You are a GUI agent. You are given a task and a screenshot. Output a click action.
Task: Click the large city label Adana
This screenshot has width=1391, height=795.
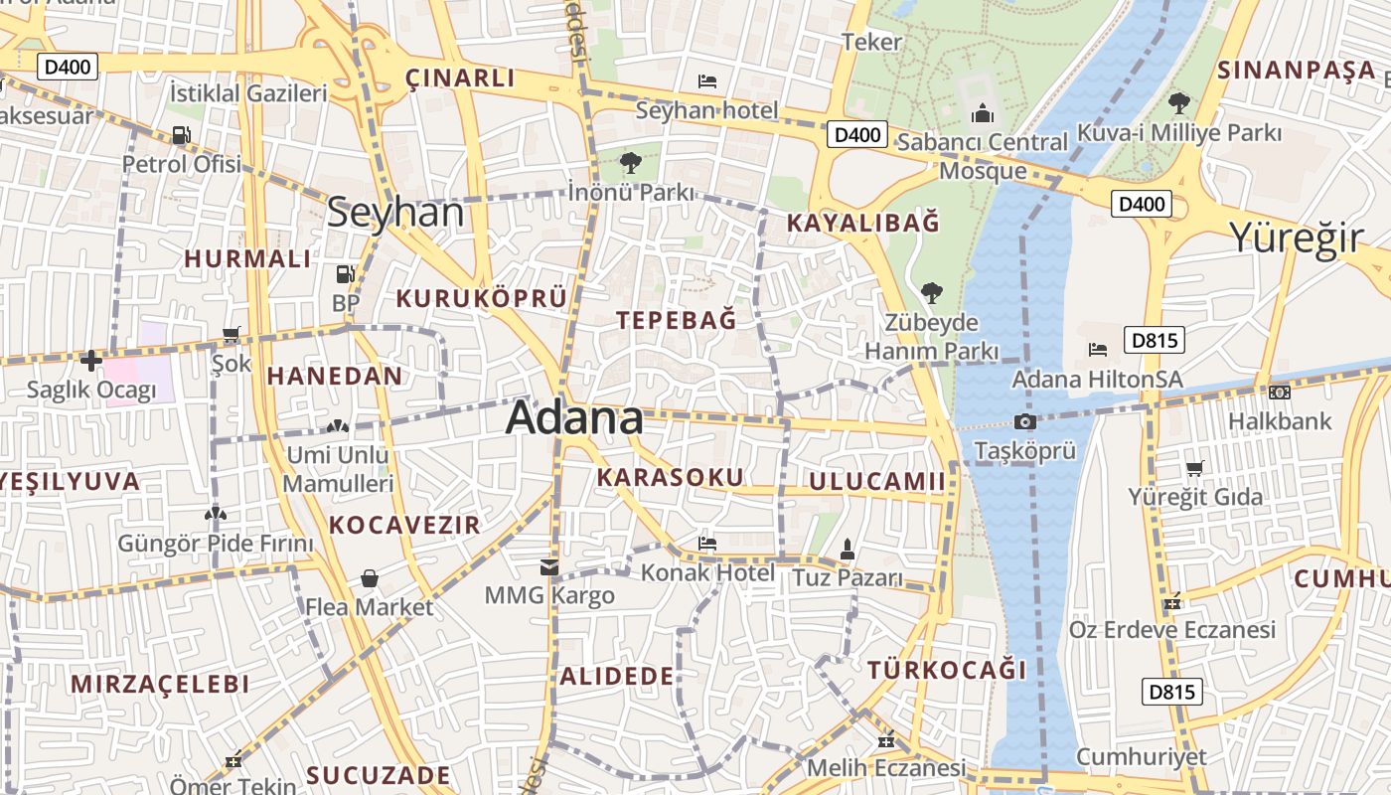pos(574,418)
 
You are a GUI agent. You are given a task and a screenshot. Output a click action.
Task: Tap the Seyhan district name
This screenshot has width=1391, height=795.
pos(395,213)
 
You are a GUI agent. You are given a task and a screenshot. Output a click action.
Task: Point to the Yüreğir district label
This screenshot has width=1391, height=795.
pos(1297,238)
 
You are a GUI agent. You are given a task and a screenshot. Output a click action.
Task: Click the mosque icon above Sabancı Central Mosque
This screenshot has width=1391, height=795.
pos(983,113)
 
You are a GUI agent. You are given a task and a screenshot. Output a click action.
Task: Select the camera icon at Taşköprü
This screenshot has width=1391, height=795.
pos(1024,422)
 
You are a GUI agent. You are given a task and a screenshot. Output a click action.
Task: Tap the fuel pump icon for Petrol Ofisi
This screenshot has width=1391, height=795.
pos(181,135)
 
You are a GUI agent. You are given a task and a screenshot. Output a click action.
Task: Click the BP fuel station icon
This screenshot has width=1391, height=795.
pos(345,273)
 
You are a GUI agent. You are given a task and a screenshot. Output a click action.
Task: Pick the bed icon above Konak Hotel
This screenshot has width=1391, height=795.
pos(707,544)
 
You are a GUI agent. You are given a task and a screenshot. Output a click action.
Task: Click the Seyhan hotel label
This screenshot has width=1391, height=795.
pos(706,109)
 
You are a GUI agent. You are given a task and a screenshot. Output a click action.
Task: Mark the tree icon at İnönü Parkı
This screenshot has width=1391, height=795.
pos(630,162)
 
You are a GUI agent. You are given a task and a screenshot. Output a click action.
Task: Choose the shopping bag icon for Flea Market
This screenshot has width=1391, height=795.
pos(369,578)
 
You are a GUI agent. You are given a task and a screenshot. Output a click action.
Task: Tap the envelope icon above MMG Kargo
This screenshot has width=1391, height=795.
pos(548,567)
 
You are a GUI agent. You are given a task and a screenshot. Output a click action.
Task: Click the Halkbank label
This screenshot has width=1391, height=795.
pos(1279,421)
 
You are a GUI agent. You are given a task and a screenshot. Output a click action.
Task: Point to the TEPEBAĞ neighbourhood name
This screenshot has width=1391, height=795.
pos(677,320)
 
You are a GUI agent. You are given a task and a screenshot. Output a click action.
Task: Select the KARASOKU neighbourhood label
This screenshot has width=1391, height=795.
pos(670,477)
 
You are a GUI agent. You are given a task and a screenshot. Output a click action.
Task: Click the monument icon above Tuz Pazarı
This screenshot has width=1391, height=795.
pos(848,549)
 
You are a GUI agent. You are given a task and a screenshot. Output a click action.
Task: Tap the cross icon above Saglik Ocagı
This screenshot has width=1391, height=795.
pos(91,361)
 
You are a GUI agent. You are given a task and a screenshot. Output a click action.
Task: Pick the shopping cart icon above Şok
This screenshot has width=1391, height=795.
pos(232,336)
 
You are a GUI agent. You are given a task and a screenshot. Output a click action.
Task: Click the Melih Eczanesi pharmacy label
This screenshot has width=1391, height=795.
pos(885,768)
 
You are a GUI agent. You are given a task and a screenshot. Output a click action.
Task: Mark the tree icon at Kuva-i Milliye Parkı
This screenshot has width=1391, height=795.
pos(1179,102)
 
